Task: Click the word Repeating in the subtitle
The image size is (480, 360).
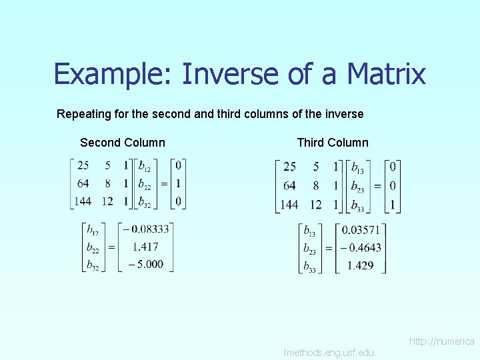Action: point(83,114)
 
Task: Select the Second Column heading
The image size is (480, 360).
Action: point(123,143)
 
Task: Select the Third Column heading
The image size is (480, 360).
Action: point(332,143)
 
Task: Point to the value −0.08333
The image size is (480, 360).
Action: point(146,229)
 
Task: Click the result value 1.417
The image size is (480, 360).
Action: point(145,247)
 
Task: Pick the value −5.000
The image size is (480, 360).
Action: point(146,264)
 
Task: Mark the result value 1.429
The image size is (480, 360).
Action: point(360,265)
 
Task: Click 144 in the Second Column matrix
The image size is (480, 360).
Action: point(83,201)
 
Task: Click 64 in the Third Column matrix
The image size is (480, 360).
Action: point(289,185)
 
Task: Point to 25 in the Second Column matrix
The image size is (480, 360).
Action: point(83,165)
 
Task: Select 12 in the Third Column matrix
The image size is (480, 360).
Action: point(315,204)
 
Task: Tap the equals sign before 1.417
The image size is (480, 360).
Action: point(111,247)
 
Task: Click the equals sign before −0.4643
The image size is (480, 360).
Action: point(328,248)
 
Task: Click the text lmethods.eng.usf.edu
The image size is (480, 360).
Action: point(329,352)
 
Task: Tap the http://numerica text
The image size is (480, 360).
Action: point(441,341)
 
